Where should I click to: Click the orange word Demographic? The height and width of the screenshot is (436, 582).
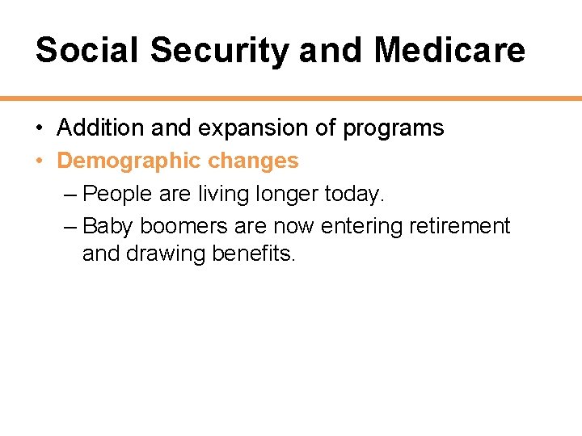129,161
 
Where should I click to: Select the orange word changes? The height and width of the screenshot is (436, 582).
253,161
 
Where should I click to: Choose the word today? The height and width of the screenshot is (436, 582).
355,194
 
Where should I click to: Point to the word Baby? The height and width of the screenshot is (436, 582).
109,226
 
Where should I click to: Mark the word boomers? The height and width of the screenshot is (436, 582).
183,226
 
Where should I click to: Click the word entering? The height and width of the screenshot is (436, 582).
361,226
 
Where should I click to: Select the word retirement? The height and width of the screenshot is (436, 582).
459,226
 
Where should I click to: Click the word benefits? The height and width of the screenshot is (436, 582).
254,254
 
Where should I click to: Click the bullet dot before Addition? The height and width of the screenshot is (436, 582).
40,128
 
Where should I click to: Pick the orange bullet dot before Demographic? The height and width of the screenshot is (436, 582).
40,161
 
